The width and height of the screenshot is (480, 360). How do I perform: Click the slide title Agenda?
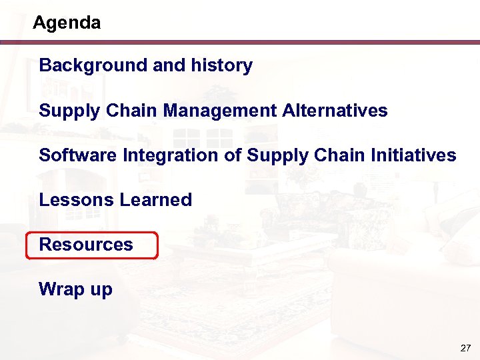coord(67,23)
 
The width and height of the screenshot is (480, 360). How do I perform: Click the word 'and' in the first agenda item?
coord(167,65)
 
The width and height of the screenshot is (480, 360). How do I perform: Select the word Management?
coord(219,110)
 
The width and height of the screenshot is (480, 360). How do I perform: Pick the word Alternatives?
coord(335,110)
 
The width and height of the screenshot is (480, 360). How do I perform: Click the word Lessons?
coord(75,200)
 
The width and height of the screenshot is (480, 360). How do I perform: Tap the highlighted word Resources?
coord(86,245)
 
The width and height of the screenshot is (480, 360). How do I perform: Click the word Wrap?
coord(59,289)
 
